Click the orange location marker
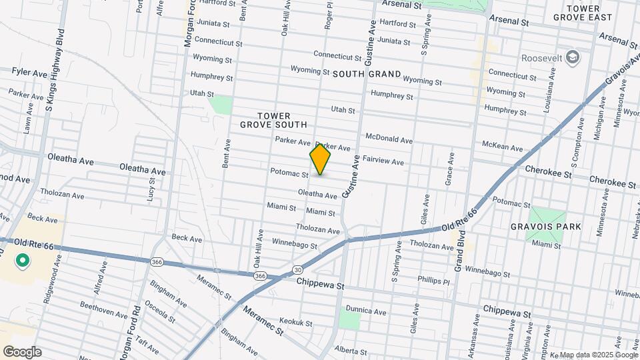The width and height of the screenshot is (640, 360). (320, 159)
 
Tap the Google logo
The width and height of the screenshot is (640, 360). (22, 351)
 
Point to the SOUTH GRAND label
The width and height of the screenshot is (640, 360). (367, 74)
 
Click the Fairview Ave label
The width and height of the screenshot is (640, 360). (384, 161)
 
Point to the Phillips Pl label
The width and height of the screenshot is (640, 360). (435, 280)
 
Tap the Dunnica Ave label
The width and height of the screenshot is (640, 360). (367, 311)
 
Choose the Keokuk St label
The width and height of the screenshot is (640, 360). (296, 323)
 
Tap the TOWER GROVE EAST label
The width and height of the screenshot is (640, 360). (588, 13)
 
